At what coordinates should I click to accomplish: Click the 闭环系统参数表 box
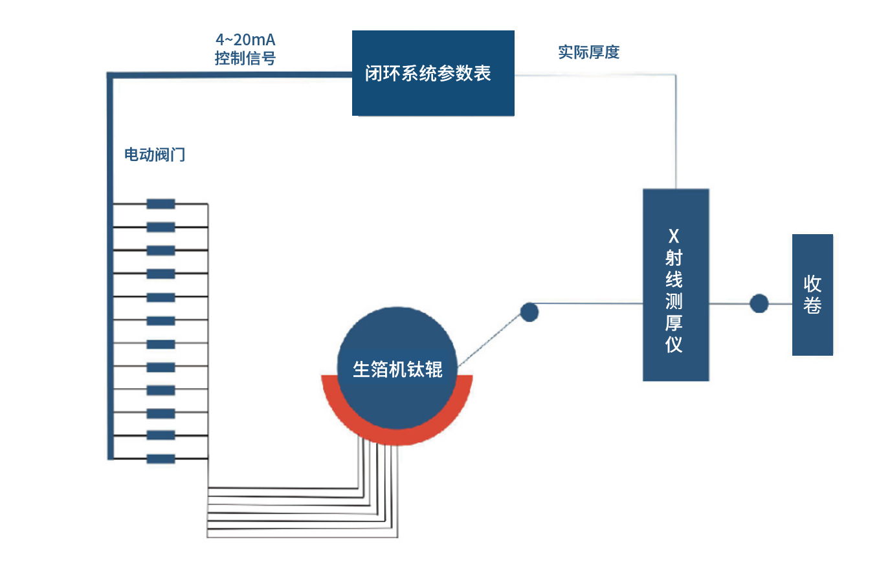[432, 73]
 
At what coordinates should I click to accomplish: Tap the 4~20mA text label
[245, 40]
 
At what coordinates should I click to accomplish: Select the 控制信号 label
[245, 58]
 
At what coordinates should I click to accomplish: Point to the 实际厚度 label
[588, 52]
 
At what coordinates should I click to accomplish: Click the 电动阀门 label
[155, 155]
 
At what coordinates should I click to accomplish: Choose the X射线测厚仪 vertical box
[675, 285]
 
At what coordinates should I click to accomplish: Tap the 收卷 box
[812, 294]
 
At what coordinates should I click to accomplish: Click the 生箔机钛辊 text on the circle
[397, 369]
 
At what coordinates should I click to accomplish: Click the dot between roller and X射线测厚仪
[529, 312]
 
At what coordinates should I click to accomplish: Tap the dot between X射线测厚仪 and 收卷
[759, 303]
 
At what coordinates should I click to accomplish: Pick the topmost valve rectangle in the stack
[161, 204]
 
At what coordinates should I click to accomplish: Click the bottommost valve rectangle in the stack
[161, 459]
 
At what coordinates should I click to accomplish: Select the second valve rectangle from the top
[161, 227]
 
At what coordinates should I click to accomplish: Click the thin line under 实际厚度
[595, 75]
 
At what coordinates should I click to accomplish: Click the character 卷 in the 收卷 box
[812, 305]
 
